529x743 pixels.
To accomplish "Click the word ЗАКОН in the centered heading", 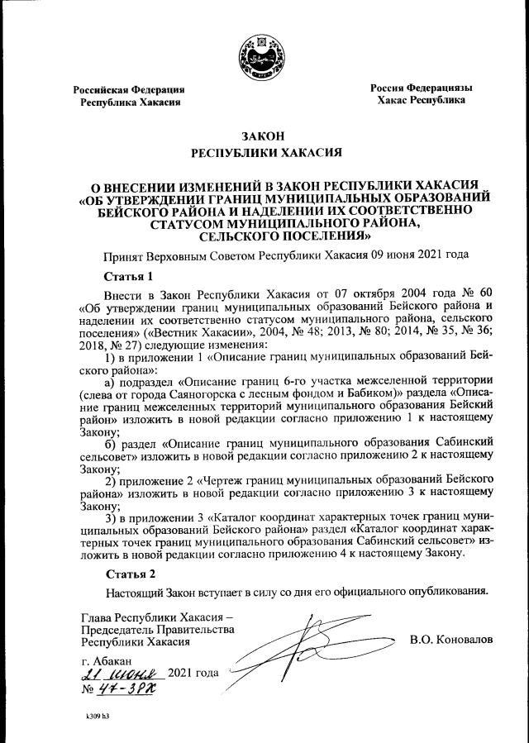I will (x=264, y=136).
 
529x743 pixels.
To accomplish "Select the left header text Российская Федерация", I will (x=128, y=89).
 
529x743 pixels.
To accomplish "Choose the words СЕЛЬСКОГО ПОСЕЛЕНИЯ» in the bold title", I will (x=264, y=235).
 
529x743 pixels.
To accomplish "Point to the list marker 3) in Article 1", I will (x=112, y=517).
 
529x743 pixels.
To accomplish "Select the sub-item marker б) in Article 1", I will (x=112, y=443).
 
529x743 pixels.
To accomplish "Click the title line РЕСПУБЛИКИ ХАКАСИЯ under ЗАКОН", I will (x=264, y=153).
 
